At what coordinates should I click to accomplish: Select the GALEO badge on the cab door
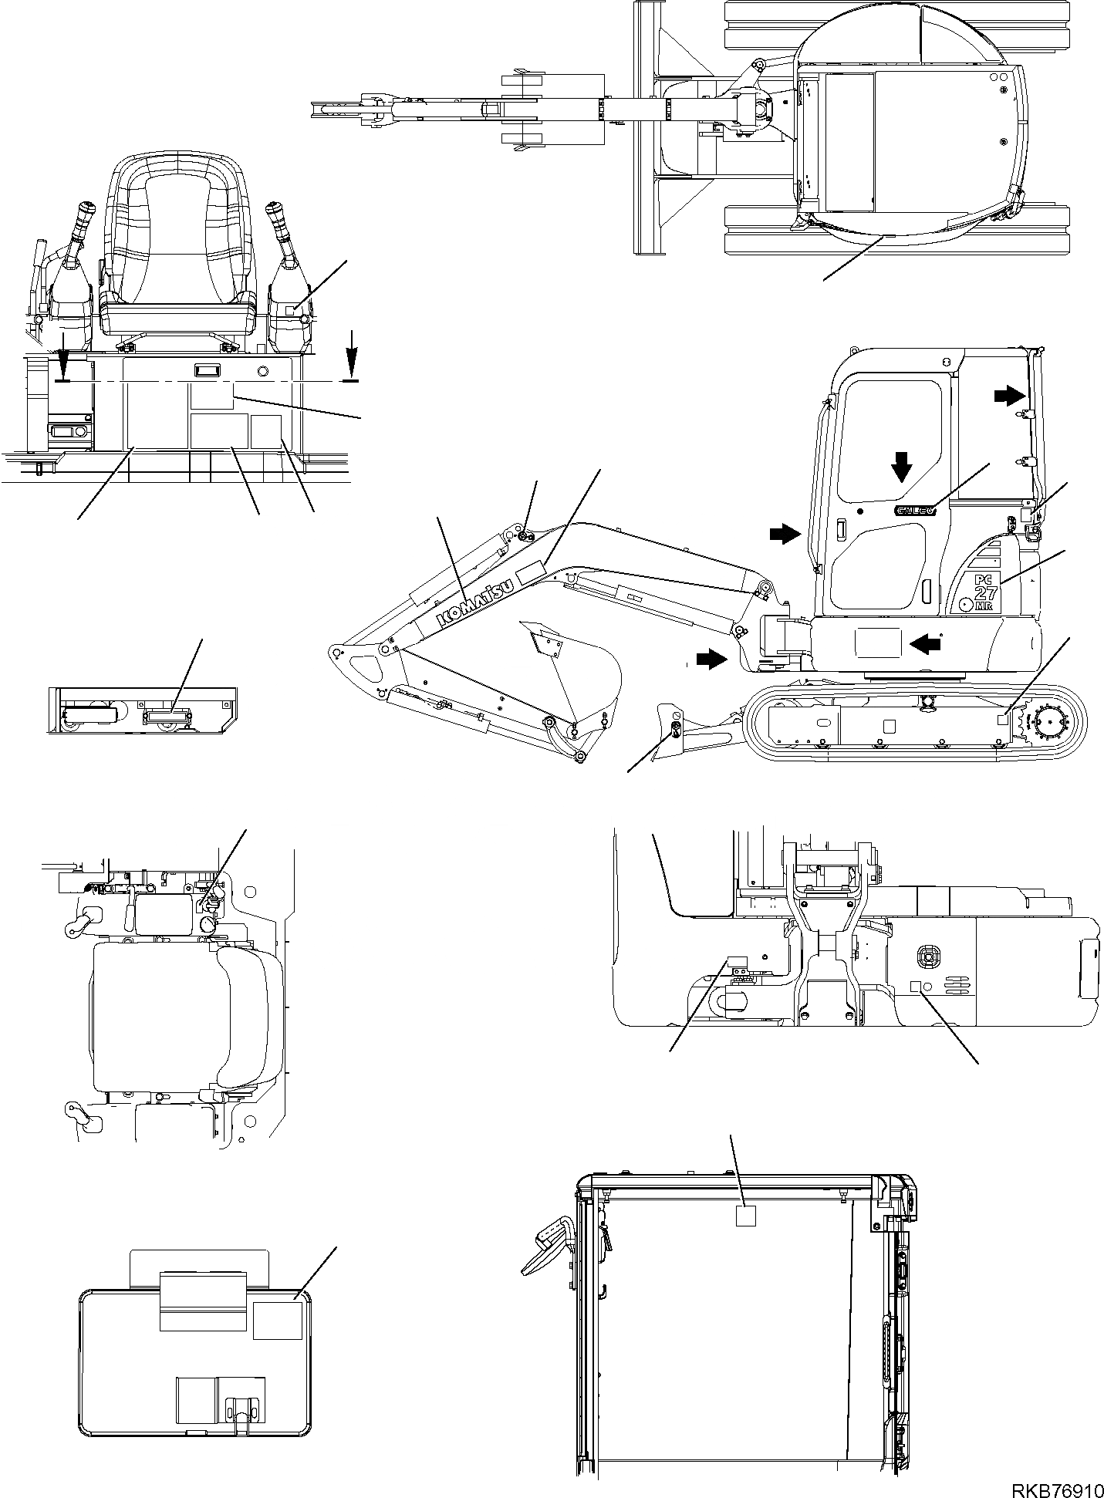pyautogui.click(x=916, y=509)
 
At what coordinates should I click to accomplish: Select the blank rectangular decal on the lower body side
pyautogui.click(x=876, y=642)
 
